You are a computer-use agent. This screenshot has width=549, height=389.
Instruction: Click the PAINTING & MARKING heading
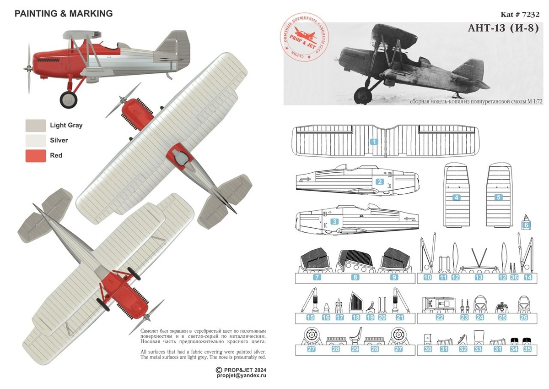[x=64, y=14]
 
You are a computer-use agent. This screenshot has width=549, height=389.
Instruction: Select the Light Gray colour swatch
[x=36, y=125]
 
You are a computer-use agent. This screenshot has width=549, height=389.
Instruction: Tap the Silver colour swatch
[x=36, y=140]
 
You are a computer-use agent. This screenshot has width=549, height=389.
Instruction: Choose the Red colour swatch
[x=36, y=155]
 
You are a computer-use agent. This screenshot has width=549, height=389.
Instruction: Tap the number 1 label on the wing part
[x=374, y=142]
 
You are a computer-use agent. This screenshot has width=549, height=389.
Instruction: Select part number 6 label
[x=526, y=225]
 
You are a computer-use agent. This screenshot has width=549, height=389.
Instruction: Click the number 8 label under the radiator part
[x=355, y=277]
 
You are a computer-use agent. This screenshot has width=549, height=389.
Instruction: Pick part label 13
[x=479, y=277]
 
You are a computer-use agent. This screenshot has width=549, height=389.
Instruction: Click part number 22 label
[x=440, y=317]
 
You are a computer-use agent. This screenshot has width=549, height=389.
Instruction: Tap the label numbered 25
[x=502, y=317]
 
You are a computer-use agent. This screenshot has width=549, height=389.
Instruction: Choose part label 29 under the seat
[x=354, y=350]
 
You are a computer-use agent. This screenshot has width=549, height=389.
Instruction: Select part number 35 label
[x=527, y=349]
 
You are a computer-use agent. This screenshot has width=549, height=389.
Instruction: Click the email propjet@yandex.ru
[x=242, y=375]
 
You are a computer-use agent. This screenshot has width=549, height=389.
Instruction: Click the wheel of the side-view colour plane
[x=69, y=99]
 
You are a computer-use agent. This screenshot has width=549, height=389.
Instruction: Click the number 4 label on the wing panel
[x=456, y=197]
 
